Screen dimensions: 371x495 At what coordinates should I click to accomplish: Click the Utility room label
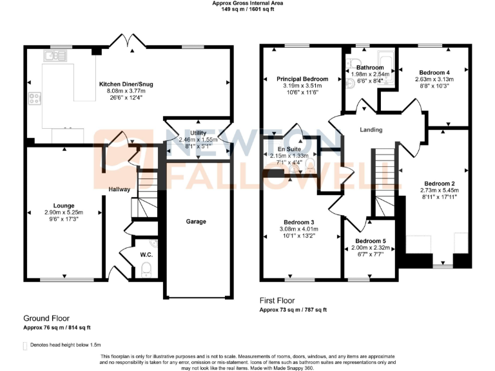click(x=199, y=133)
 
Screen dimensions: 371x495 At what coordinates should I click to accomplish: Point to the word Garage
click(x=196, y=222)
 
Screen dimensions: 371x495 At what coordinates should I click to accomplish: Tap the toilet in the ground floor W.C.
click(x=146, y=269)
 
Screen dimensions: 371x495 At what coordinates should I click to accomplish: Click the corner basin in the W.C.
click(x=153, y=242)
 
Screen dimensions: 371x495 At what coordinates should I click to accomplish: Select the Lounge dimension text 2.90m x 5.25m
click(x=64, y=213)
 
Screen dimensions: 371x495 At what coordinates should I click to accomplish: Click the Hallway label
click(x=119, y=189)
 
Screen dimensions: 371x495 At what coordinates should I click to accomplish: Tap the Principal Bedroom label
click(x=302, y=79)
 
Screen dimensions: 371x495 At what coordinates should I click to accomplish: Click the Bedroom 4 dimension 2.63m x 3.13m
click(x=434, y=80)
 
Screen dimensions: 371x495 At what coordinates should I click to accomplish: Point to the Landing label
click(x=371, y=130)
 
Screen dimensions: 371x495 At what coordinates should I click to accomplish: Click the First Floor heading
click(x=277, y=301)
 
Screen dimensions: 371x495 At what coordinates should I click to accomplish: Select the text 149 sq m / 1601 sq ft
click(x=247, y=10)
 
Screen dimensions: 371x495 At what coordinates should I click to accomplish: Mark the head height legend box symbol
click(x=25, y=346)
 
